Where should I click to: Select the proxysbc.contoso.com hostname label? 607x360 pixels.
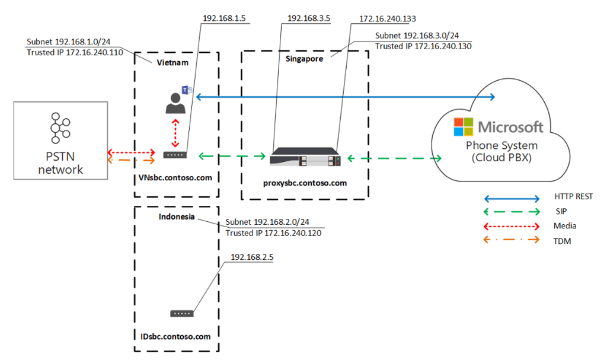[305, 183]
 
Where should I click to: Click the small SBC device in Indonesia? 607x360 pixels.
[181, 313]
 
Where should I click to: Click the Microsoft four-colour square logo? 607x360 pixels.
[463, 126]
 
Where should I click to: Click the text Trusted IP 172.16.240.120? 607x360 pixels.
[274, 232]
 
